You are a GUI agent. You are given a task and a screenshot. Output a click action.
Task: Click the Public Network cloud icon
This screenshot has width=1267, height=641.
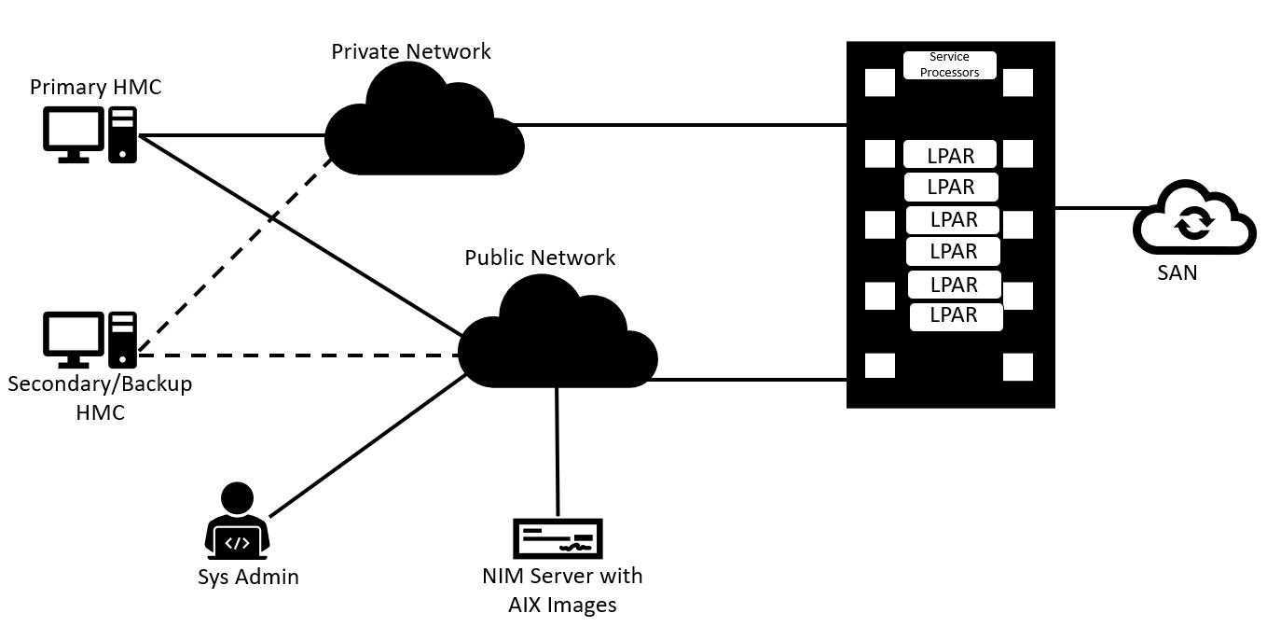click(x=558, y=341)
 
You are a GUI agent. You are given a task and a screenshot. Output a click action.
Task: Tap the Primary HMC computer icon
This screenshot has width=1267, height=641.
click(x=90, y=136)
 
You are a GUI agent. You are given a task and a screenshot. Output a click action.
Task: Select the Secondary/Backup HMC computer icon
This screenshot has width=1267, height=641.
click(x=90, y=340)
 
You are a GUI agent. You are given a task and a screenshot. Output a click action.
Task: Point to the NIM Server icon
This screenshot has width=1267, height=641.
click(x=558, y=538)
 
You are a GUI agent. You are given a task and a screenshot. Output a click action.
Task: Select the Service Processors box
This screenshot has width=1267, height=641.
click(x=949, y=65)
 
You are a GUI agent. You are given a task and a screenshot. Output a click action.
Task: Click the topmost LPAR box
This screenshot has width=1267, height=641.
click(x=950, y=155)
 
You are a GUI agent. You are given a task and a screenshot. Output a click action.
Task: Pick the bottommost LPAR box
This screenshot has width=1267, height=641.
click(x=955, y=316)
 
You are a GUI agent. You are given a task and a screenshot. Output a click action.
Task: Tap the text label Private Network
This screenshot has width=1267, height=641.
click(x=411, y=51)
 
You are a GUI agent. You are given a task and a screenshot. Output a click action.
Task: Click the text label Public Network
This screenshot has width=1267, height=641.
click(x=540, y=258)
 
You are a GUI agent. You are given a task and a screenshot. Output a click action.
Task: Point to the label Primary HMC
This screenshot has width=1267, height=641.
click(x=95, y=88)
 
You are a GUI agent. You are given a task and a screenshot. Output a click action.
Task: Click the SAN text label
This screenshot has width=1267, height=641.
click(x=1177, y=273)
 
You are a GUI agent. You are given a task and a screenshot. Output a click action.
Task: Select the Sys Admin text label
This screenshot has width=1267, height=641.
click(x=248, y=577)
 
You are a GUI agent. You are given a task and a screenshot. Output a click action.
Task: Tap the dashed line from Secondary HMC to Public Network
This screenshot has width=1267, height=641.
click(x=298, y=355)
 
